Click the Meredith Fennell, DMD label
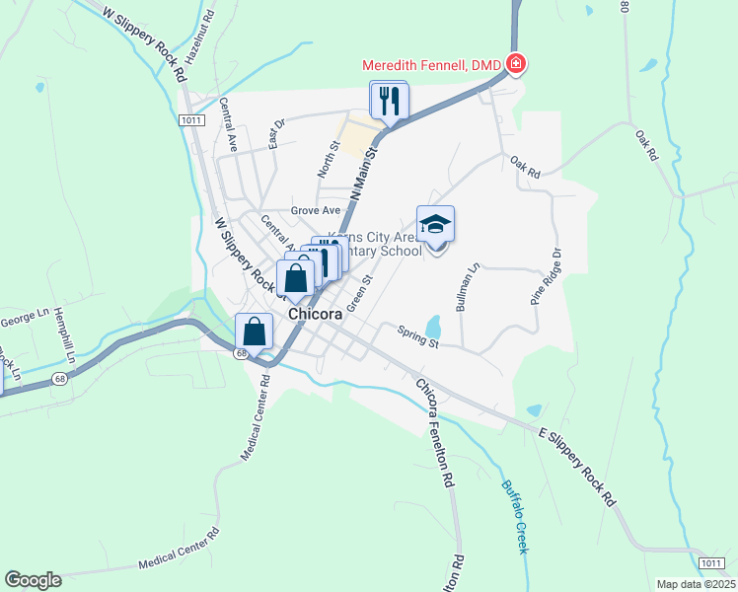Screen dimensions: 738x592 coord(432,65)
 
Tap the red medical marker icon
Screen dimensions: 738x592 coord(515,65)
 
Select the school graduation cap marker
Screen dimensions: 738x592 coord(435,226)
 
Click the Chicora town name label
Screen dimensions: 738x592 coord(315,313)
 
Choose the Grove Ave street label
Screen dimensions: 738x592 coord(315,210)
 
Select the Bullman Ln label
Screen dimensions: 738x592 coord(467,287)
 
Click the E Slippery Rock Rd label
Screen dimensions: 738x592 coord(576,467)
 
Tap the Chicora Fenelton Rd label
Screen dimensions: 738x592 coord(435,434)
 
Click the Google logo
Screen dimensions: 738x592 coord(33,580)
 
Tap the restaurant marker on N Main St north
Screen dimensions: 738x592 coord(389,101)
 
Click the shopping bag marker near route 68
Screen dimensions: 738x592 coord(255,333)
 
